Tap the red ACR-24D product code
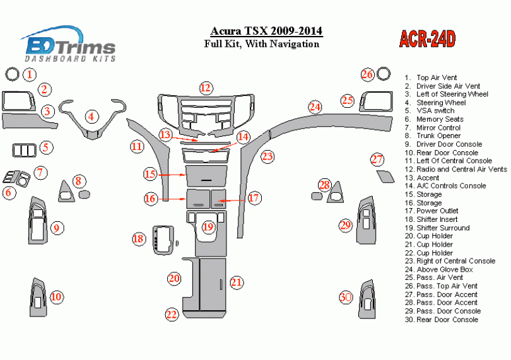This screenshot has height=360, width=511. [x=427, y=39]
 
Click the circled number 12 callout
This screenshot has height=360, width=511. [x=205, y=88]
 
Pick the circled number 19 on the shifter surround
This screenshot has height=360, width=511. [x=208, y=226]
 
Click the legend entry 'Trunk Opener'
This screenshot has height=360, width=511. [x=438, y=136]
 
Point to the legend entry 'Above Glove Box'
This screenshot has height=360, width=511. [x=445, y=269]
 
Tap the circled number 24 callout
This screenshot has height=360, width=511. [x=315, y=107]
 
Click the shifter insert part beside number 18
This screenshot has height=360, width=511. [x=163, y=239]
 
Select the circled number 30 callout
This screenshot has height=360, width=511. [x=345, y=297]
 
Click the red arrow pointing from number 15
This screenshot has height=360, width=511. [x=172, y=174]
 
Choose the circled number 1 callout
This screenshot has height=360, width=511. [x=29, y=75]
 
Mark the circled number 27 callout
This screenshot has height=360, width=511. [x=377, y=159]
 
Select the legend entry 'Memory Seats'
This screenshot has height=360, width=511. [x=440, y=119]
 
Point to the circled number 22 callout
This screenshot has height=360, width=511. [x=171, y=314]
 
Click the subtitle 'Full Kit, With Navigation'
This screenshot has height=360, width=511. [x=261, y=44]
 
